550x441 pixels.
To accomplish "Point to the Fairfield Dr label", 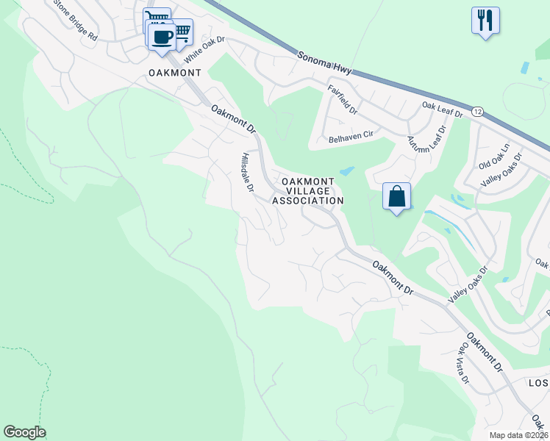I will tap(342, 100).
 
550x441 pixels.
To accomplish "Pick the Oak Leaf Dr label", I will tap(442, 110).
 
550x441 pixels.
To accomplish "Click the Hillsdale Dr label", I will tap(247, 172).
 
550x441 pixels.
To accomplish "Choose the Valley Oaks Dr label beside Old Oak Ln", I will tap(501, 170).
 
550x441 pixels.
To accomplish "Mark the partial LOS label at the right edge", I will tap(539, 383).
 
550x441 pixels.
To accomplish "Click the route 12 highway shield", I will tap(478, 112).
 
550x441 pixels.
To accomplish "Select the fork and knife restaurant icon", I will tap(485, 20).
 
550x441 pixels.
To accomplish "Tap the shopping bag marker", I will tap(396, 196).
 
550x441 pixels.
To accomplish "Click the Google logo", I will tap(24, 432).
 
